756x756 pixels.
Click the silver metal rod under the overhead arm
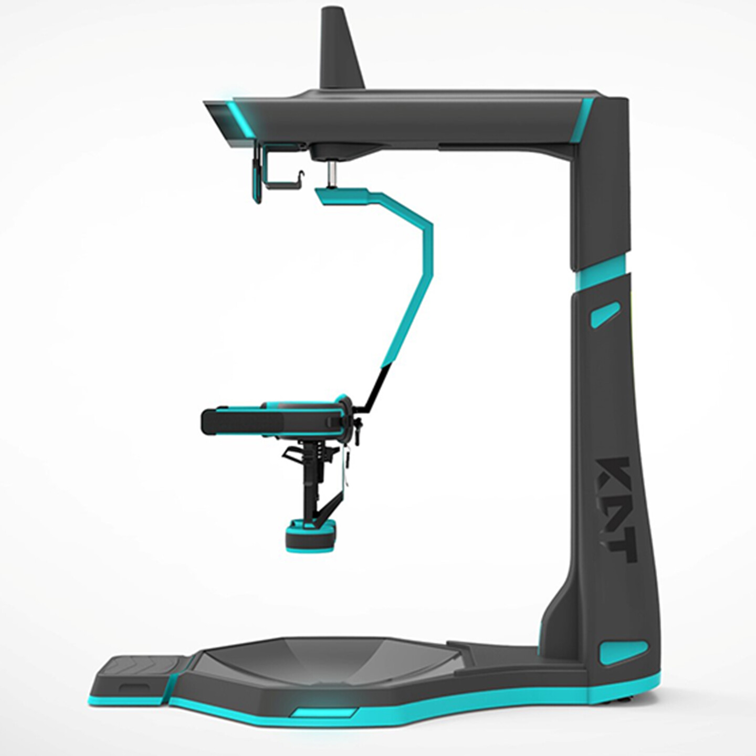point(332,174)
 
